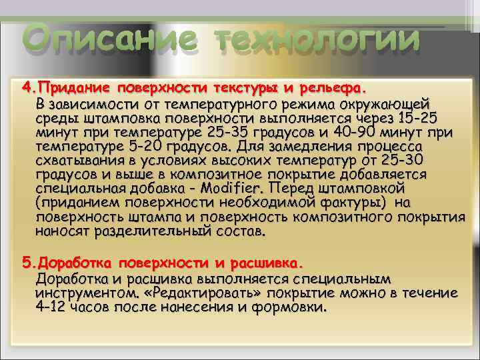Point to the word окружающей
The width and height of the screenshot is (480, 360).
382,105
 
